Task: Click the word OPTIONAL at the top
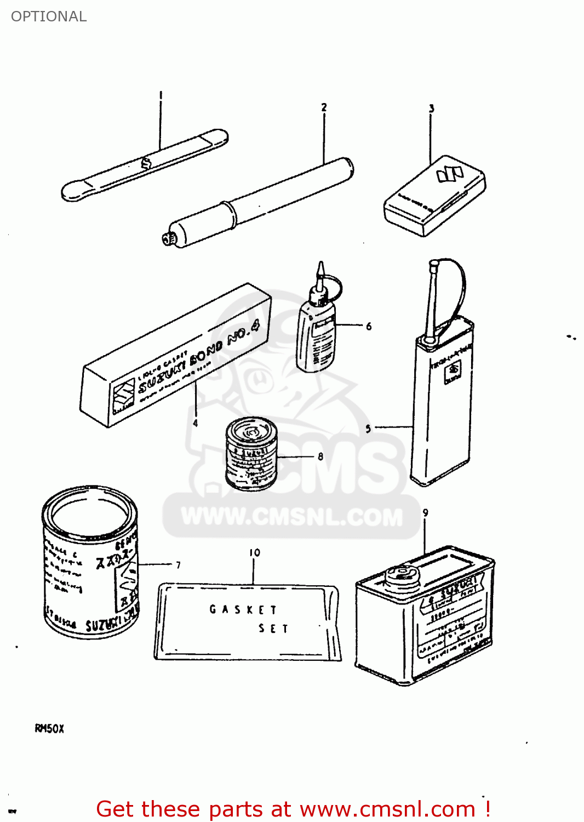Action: coord(49,16)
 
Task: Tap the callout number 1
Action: coord(161,95)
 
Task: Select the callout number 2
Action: coord(324,107)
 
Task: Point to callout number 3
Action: coord(431,109)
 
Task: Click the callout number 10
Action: coord(254,552)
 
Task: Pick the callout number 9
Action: coord(425,513)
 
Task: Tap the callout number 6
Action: coord(369,326)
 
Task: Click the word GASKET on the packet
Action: coord(243,609)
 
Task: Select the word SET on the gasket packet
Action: coord(273,628)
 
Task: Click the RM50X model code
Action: coord(49,728)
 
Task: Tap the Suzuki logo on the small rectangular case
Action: coord(449,174)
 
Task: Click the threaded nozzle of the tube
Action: coord(167,238)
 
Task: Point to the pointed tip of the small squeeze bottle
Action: coord(321,266)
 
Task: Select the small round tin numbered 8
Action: coord(251,453)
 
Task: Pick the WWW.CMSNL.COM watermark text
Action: coord(291,517)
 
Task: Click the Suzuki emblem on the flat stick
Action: coord(146,163)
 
